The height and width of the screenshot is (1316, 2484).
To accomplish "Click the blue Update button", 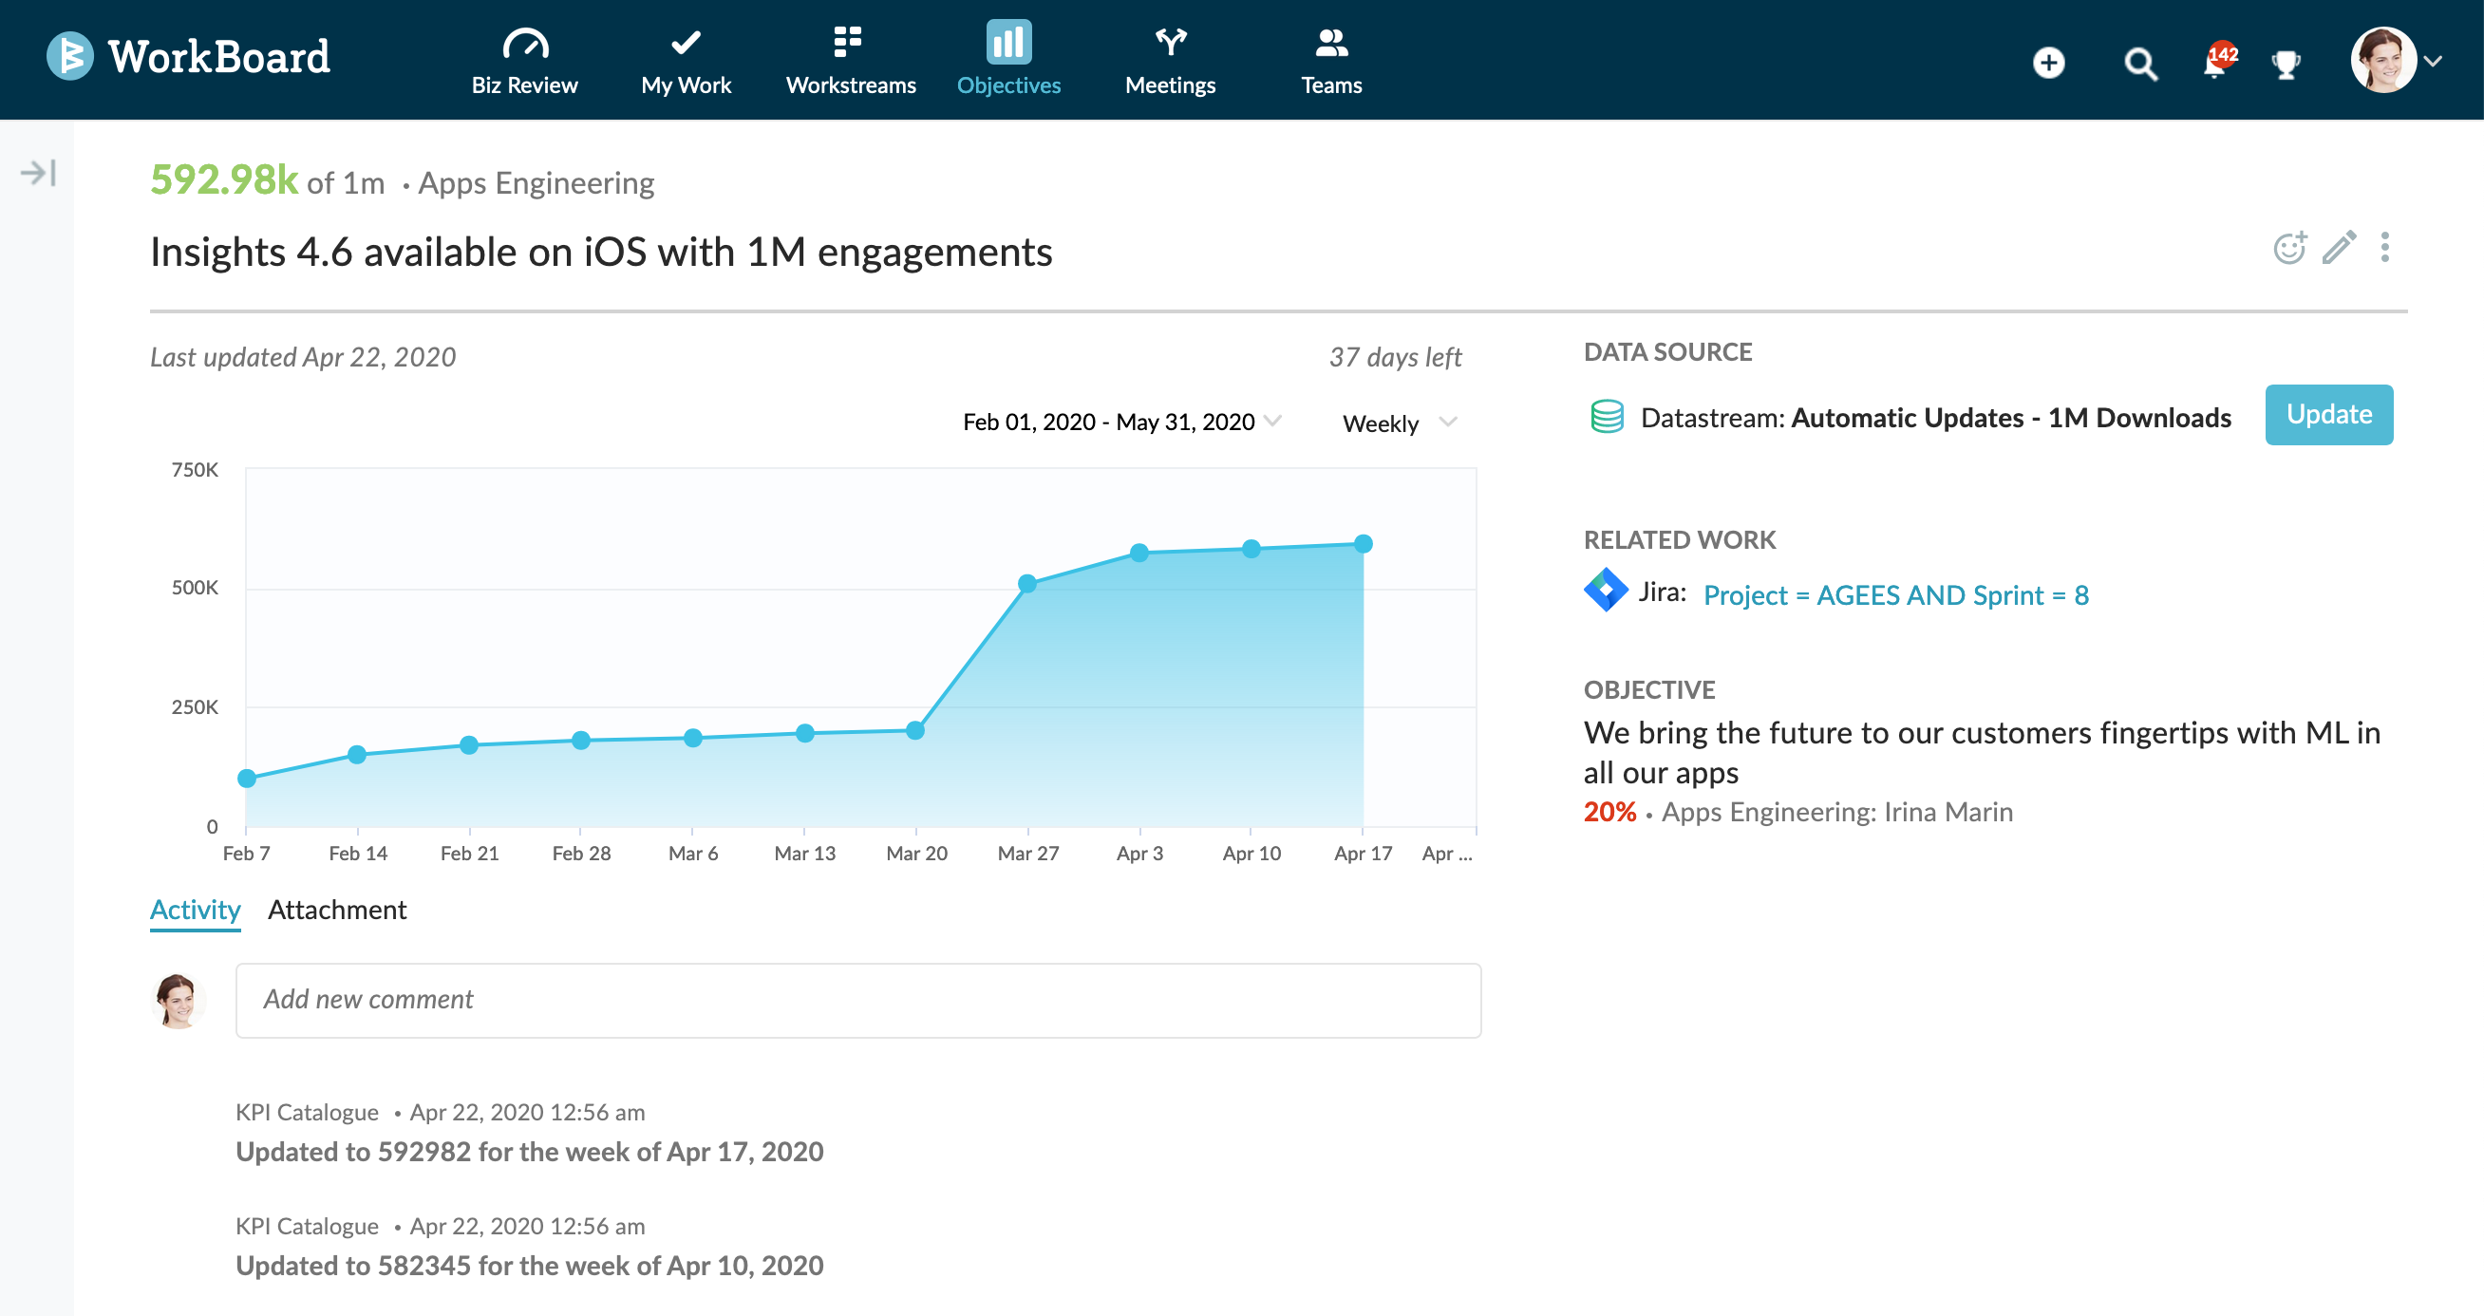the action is point(2327,415).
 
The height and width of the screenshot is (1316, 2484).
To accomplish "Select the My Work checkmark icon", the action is point(686,43).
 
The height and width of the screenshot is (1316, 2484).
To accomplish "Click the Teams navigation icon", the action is point(1330,43).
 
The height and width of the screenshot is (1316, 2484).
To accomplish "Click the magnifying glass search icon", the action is point(2139,64).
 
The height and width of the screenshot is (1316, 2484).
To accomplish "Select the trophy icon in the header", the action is point(2286,65).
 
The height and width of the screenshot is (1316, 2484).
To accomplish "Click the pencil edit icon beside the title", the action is point(2339,248).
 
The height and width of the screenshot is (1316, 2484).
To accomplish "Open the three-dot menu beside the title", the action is point(2384,248).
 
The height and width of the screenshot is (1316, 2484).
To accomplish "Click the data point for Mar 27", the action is point(1027,583).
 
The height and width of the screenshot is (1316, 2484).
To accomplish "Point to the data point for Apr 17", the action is point(1363,544).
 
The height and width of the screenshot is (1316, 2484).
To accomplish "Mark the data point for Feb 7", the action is point(247,778).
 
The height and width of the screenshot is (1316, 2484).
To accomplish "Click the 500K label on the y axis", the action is point(195,588).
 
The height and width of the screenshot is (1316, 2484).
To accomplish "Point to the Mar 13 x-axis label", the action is point(804,854).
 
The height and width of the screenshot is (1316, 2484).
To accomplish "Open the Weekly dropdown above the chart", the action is point(1399,423).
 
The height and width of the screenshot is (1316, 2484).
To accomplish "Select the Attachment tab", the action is point(336,910).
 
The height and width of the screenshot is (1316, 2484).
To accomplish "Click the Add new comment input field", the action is point(858,1000).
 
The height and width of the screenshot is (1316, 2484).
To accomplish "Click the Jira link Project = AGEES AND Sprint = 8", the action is point(1896,594).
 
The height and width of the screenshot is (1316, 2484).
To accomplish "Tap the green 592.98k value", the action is point(224,180).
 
